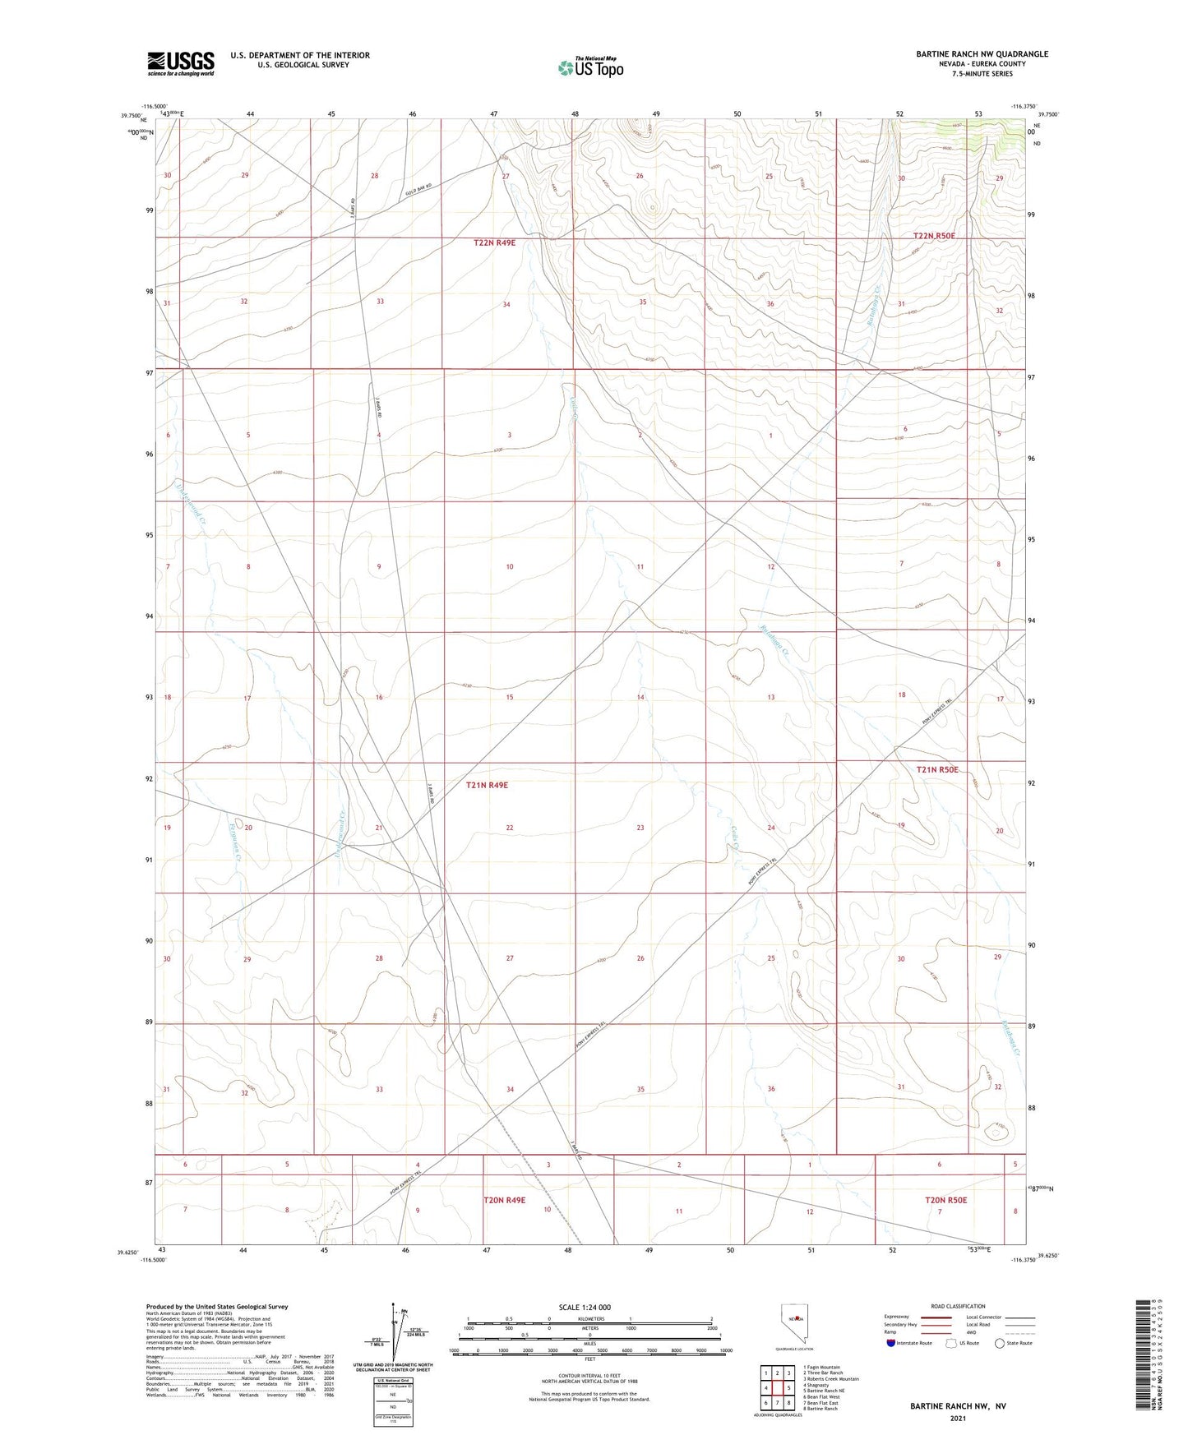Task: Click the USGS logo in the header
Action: point(181,62)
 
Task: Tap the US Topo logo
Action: point(590,67)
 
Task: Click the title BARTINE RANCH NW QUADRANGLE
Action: point(982,54)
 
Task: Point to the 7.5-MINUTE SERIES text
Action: point(982,74)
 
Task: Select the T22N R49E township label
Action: point(494,243)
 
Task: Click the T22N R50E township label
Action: point(936,236)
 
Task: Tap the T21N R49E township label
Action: point(487,786)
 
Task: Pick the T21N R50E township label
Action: point(937,770)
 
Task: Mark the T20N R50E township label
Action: point(945,1201)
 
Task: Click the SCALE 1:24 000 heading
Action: point(585,1308)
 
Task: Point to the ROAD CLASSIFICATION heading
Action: point(958,1306)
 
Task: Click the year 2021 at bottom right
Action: point(958,1419)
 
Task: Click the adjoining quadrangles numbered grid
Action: point(777,1390)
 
